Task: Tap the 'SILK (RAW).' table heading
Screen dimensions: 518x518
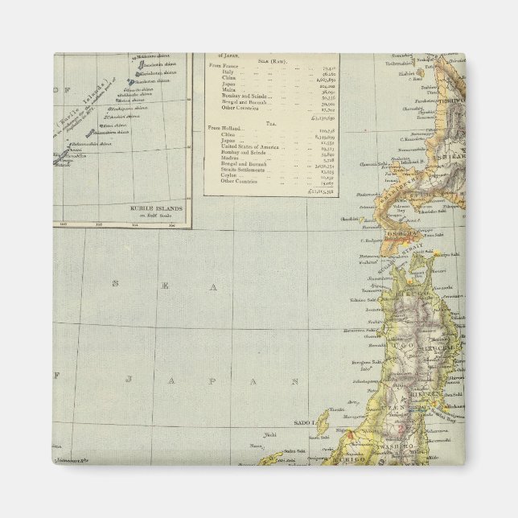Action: click(x=270, y=62)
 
